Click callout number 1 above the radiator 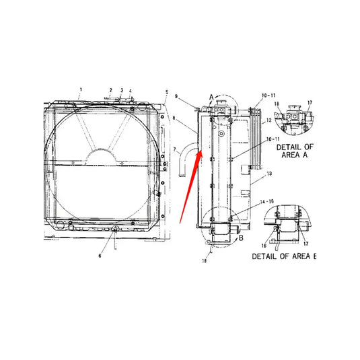pyautogui.click(x=81, y=89)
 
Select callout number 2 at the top pyautogui.click(x=110, y=89)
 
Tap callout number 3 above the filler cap pyautogui.click(x=122, y=89)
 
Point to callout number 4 pyautogui.click(x=131, y=89)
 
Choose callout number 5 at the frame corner pyautogui.click(x=167, y=92)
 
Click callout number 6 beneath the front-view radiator pyautogui.click(x=101, y=256)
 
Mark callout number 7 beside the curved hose pyautogui.click(x=174, y=149)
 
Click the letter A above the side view pyautogui.click(x=211, y=98)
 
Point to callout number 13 pyautogui.click(x=270, y=173)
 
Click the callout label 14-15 pyautogui.click(x=267, y=201)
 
